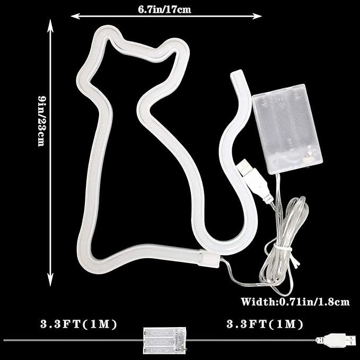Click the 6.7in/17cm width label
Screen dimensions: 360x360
point(164,10)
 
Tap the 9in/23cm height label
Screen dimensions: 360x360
point(42,121)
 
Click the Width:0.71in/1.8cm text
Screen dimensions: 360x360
point(295,302)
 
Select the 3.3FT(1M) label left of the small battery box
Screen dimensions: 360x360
point(79,324)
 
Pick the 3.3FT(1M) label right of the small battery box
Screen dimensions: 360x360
point(265,324)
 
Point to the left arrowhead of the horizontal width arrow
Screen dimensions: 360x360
point(75,16)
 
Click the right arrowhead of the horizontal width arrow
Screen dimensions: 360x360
point(257,16)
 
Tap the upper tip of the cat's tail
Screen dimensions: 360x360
point(237,75)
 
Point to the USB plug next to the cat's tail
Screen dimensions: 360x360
point(254,180)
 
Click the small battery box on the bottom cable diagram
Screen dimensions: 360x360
point(164,340)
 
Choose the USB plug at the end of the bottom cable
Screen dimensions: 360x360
point(337,340)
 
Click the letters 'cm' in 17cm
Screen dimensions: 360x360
point(185,10)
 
